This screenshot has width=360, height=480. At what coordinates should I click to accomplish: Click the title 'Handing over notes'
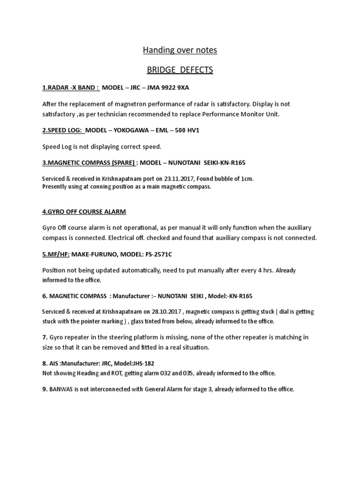[180, 50]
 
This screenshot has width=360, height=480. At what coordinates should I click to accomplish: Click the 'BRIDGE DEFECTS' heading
[180, 70]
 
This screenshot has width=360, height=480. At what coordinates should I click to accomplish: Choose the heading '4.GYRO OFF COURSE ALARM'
[84, 211]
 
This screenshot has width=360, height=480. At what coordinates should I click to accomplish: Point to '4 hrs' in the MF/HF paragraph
[243, 270]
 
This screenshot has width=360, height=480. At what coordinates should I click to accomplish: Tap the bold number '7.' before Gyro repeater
[45, 337]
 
